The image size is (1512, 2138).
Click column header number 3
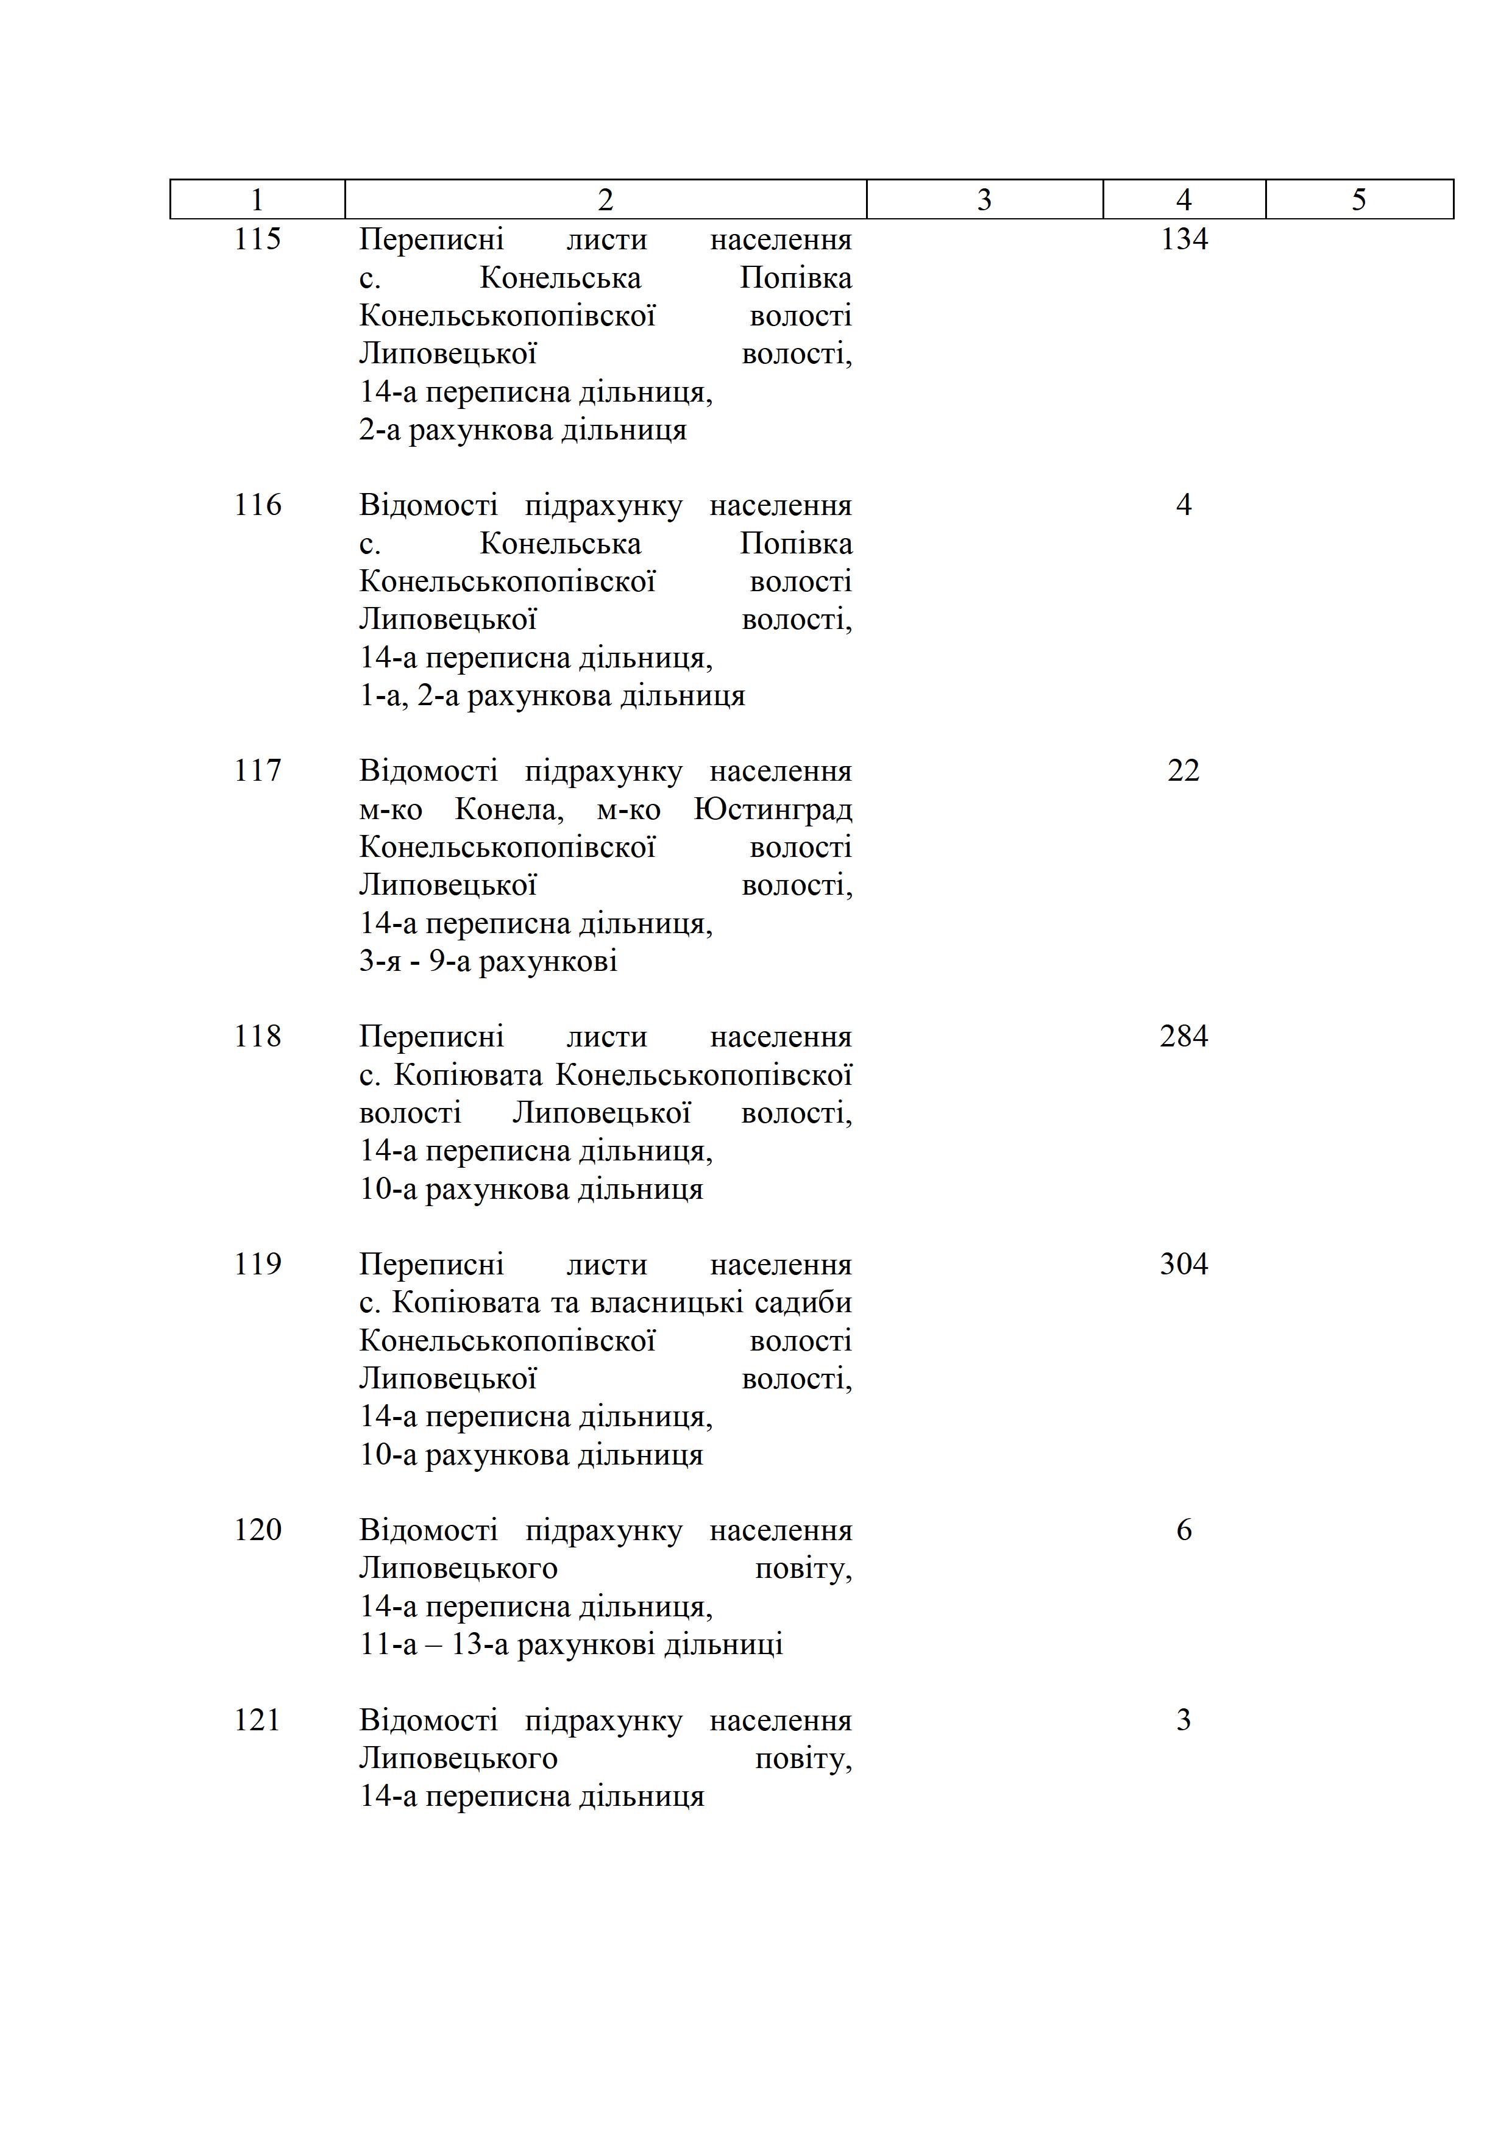coord(984,200)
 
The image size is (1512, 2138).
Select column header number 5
coord(1358,200)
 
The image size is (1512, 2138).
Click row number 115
coord(257,240)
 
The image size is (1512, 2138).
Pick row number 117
coord(257,770)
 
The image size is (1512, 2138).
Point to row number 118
coord(257,1037)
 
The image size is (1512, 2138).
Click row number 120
coord(257,1529)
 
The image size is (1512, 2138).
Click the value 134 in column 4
coord(1184,240)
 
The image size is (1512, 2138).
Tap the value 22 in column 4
coord(1184,770)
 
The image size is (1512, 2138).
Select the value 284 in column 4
coord(1184,1037)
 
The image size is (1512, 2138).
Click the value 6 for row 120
coord(1184,1529)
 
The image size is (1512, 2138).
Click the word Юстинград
coord(773,809)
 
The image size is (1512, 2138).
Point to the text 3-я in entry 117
coord(380,961)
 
